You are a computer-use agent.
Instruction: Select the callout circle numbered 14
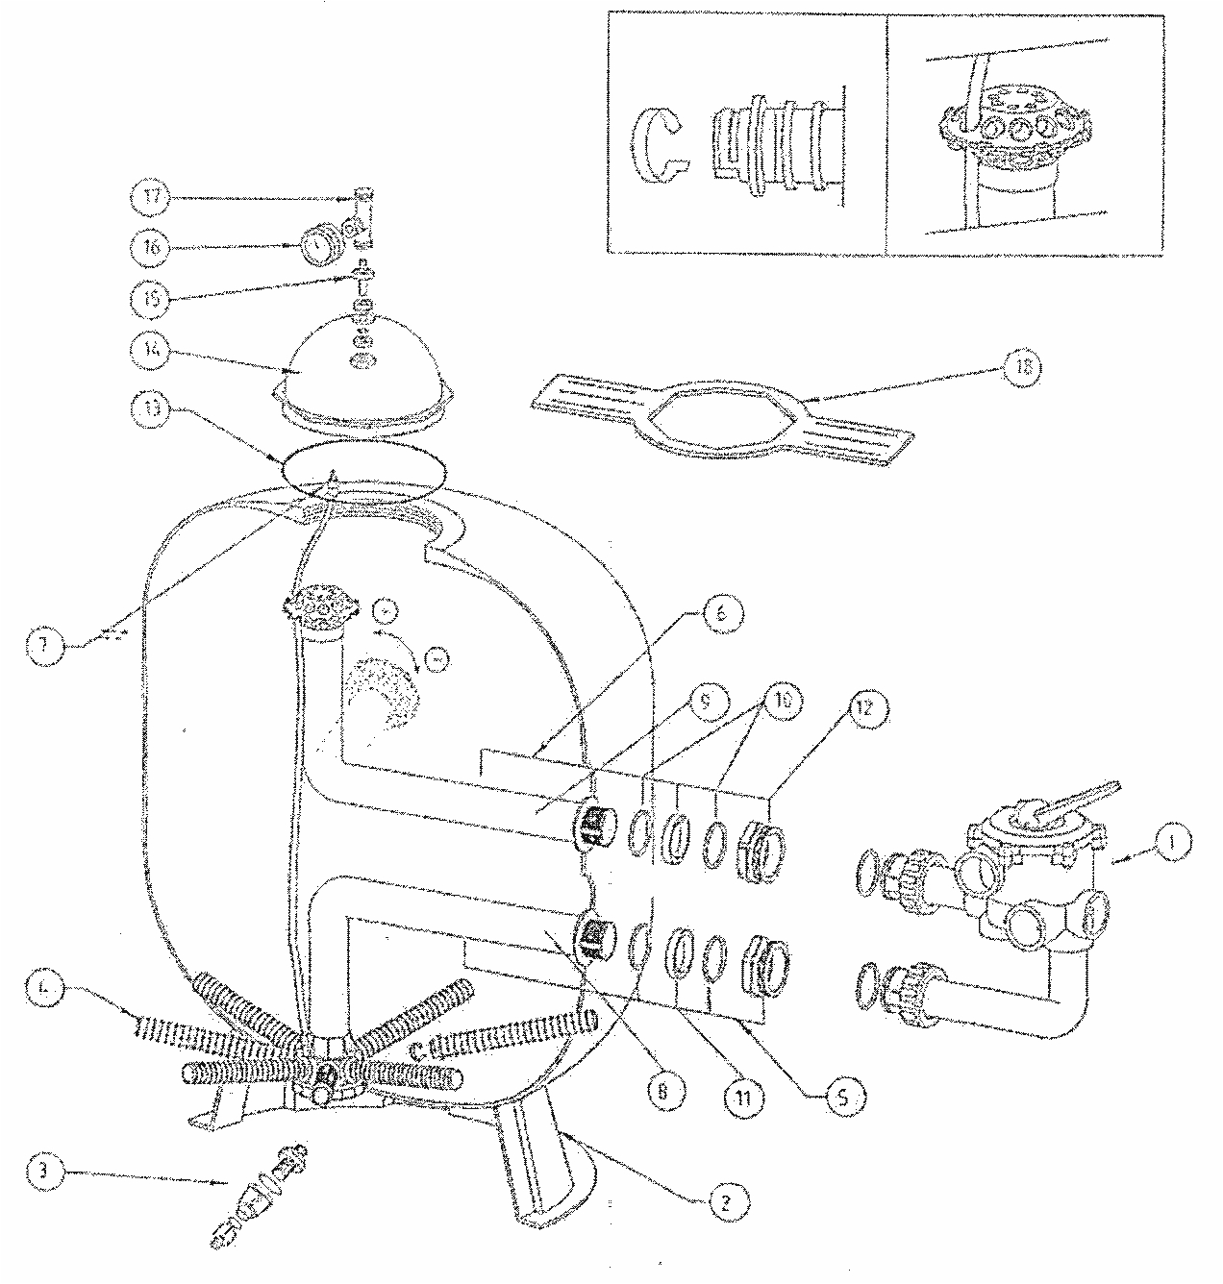(x=149, y=354)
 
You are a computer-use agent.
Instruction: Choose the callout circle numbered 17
(x=149, y=197)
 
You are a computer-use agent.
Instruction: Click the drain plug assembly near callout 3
(x=258, y=1194)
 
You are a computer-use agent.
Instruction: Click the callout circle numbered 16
(x=149, y=247)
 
